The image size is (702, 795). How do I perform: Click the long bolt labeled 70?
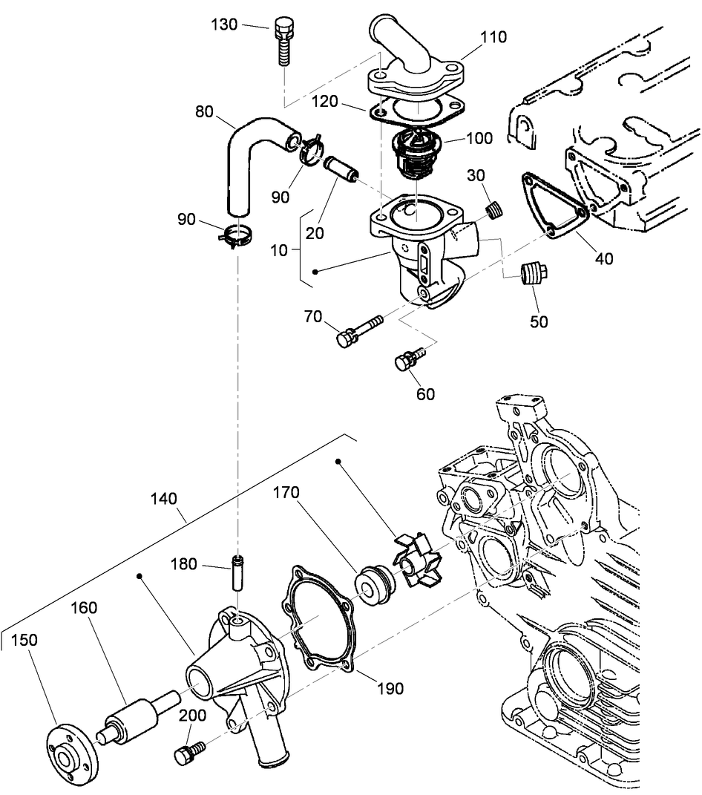tap(358, 330)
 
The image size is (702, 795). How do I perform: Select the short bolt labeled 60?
tap(407, 360)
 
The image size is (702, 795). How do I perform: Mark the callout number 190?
tap(390, 689)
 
